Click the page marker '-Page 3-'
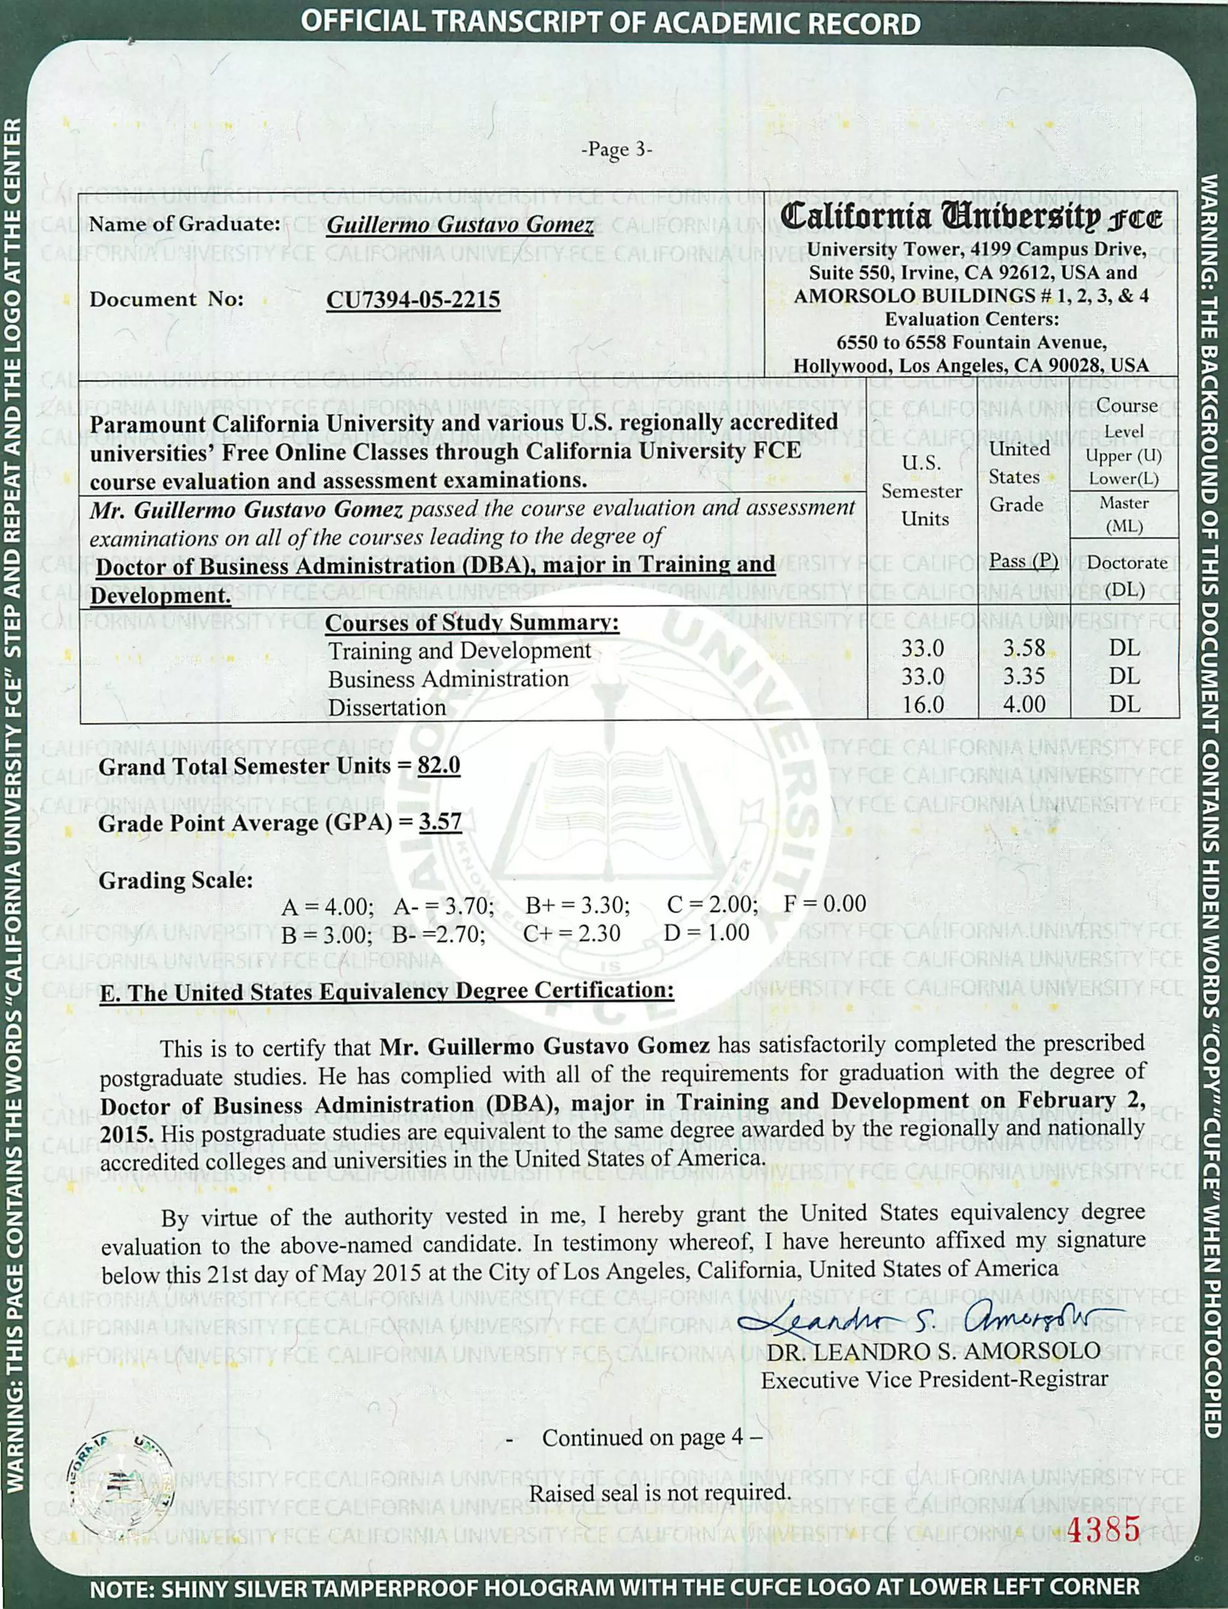pos(616,150)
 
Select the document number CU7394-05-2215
pos(413,300)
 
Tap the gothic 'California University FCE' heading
pos(971,217)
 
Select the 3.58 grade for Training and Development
pos(1024,647)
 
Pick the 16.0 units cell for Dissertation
pos(922,704)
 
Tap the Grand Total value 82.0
pos(438,765)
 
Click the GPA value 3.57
pos(440,822)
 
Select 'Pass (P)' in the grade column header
pos(1024,561)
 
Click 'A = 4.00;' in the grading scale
pos(327,907)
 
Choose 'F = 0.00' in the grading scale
pos(824,903)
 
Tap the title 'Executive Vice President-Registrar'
pos(934,1379)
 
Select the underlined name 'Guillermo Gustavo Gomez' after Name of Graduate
pos(459,224)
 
